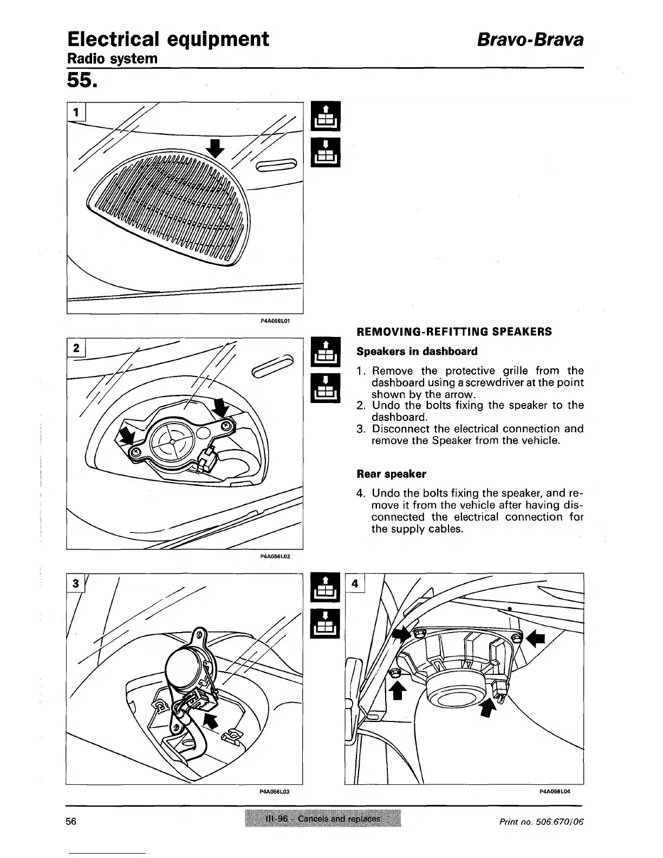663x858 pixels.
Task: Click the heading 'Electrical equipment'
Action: point(168,39)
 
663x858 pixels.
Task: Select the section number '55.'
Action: point(82,81)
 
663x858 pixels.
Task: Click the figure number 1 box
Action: point(76,112)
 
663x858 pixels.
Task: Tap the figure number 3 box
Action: point(76,583)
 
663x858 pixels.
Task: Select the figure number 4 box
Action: point(354,583)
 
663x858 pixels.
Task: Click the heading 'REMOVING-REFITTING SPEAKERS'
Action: point(454,331)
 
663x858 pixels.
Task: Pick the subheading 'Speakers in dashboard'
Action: point(417,352)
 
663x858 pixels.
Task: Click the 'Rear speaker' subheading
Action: point(391,474)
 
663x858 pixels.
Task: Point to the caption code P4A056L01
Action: point(276,321)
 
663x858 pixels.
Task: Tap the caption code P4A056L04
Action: point(555,791)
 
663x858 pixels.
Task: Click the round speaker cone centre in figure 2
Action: point(171,441)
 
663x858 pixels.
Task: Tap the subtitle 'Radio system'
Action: point(112,58)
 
